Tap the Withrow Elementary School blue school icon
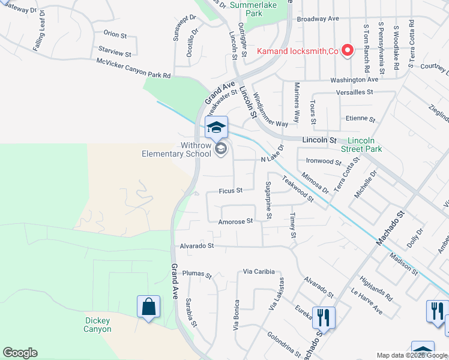pos(217,127)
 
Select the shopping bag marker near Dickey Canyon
pos(148,307)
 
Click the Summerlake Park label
pos(246,8)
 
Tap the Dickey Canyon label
pos(97,325)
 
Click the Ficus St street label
pos(231,191)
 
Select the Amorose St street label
pos(235,221)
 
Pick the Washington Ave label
pos(354,79)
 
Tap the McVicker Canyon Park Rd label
pos(134,68)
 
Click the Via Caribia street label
pos(259,272)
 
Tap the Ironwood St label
pos(324,161)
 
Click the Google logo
pos(19,353)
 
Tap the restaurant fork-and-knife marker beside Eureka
pos(324,317)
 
